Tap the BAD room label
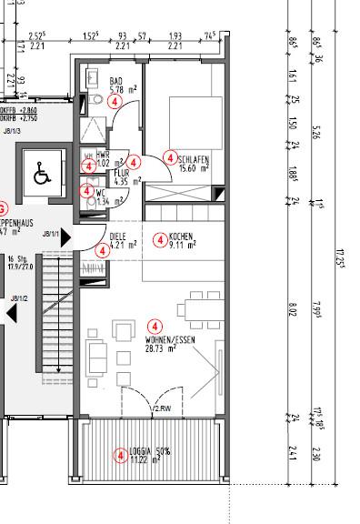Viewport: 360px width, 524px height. click(115, 81)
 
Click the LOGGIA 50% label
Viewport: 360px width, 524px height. click(151, 451)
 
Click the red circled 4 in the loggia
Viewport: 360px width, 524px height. click(119, 456)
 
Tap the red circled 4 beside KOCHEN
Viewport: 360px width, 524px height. click(160, 240)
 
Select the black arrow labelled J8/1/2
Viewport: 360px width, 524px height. click(10, 312)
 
